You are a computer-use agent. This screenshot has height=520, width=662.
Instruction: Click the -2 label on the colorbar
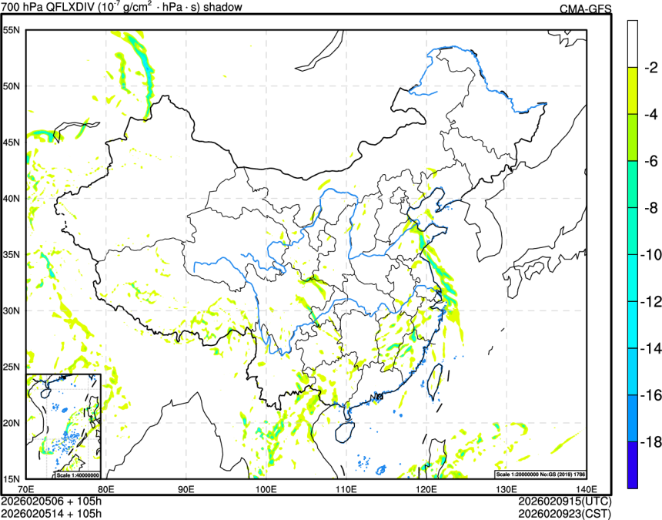(650, 68)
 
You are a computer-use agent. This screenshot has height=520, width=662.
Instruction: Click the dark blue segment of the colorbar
(633, 465)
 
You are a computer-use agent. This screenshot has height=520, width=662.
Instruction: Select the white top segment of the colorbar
(633, 43)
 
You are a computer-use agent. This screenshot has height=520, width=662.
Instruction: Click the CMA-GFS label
(584, 8)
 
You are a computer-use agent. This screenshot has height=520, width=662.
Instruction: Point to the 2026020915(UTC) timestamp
(563, 501)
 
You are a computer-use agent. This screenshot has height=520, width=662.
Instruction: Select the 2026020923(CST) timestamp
(563, 513)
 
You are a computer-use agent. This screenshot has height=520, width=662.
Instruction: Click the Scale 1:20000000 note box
(543, 474)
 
